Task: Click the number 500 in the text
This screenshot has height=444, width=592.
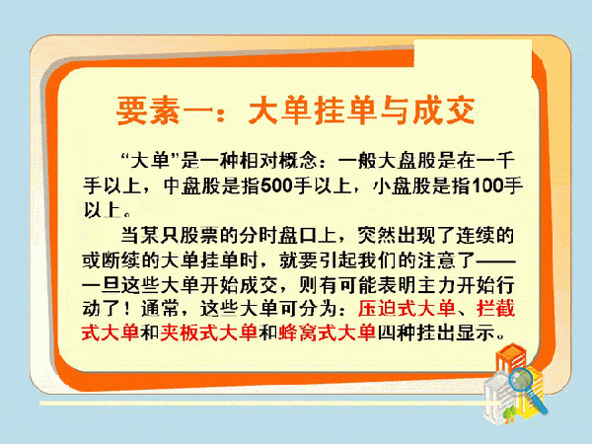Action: coord(276,185)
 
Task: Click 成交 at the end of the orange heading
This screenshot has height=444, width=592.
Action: coord(443,111)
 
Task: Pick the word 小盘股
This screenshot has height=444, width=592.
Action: coord(403,185)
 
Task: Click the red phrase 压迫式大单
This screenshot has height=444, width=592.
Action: coord(407,309)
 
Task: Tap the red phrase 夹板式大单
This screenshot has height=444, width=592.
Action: coord(208,333)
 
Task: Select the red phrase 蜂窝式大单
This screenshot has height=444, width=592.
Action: coord(327,333)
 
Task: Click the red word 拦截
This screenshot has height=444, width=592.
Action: coord(495,309)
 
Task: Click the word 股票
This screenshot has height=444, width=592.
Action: coord(198,235)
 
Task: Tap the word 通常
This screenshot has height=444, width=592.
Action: coord(161,309)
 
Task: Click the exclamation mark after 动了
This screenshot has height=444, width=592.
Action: coord(127,309)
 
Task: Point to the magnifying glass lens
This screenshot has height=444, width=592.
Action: coord(521,380)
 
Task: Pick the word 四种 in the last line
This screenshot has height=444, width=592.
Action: coord(397,333)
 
